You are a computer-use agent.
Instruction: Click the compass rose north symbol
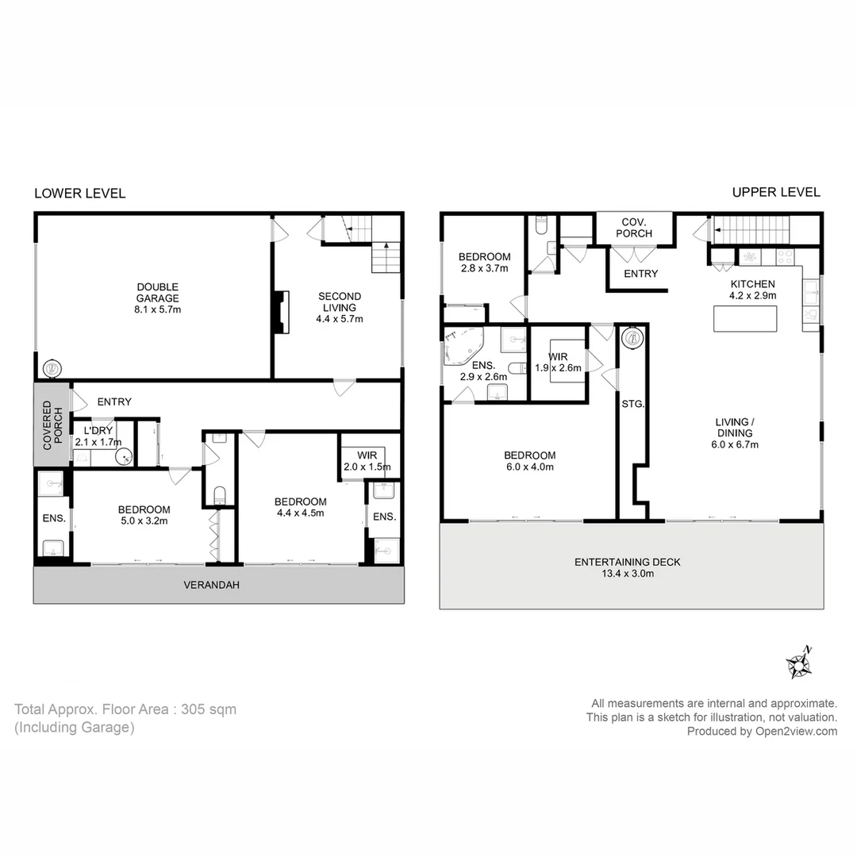tap(797, 664)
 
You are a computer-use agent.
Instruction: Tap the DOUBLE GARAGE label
tap(157, 298)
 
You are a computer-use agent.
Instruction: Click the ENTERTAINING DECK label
tap(627, 562)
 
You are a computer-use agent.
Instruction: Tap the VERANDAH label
tap(211, 585)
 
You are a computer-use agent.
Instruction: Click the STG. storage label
tap(632, 404)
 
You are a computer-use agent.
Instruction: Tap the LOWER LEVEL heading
tap(79, 193)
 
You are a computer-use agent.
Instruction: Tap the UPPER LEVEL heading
tap(775, 192)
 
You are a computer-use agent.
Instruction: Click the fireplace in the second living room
tap(278, 310)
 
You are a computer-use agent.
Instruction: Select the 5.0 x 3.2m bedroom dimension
tap(144, 521)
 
